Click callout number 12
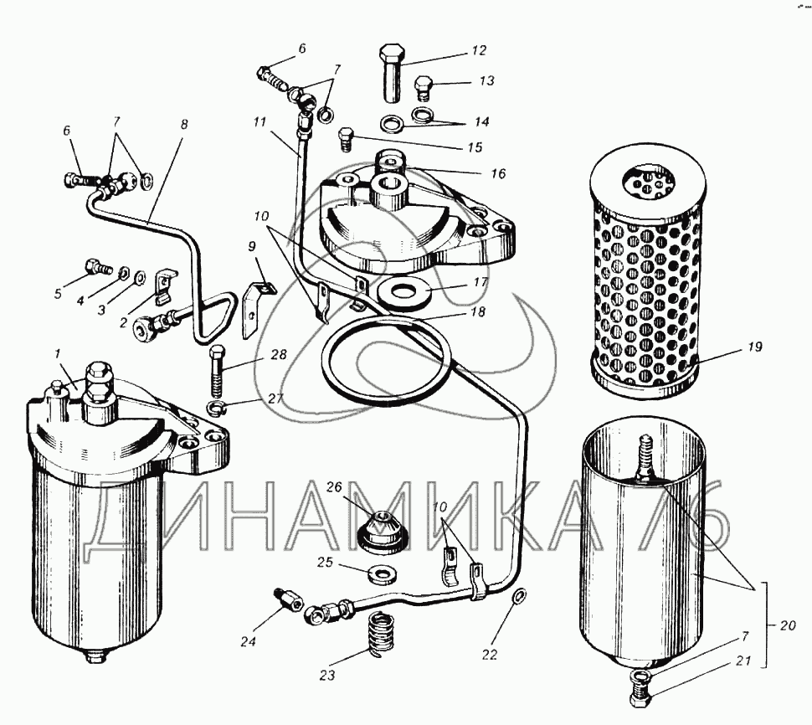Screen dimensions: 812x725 click(x=479, y=50)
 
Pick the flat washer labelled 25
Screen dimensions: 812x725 click(x=384, y=574)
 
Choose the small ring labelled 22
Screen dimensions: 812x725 click(x=518, y=596)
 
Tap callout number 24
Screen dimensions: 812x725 click(x=247, y=642)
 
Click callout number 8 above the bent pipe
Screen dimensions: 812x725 click(x=184, y=124)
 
